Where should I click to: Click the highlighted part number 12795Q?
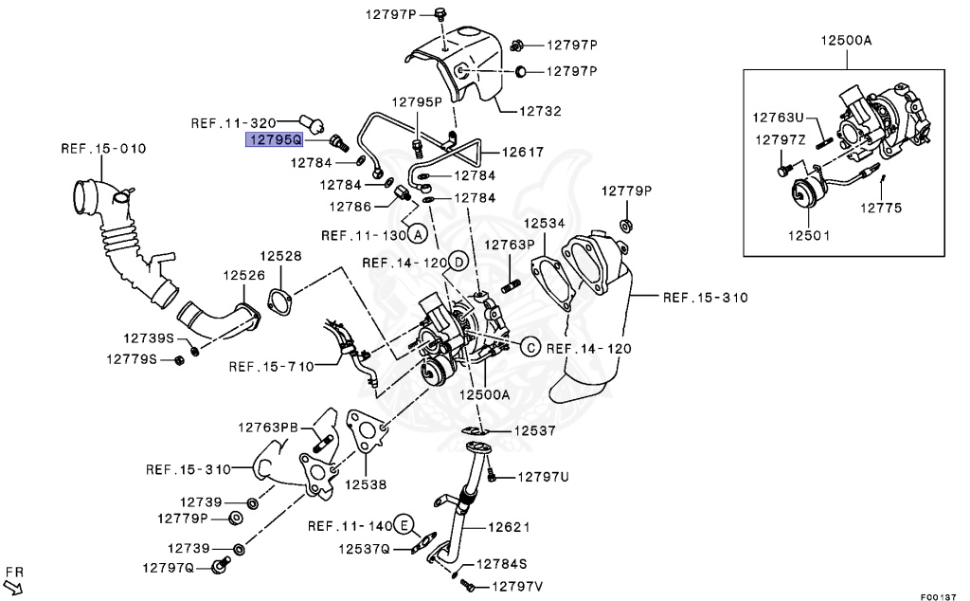tap(274, 140)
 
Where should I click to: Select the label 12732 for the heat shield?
tap(540, 111)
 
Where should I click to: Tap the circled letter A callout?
tap(418, 234)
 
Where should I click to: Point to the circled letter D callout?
tap(457, 262)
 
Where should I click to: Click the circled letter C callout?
tap(530, 348)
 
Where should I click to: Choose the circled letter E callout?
tap(404, 525)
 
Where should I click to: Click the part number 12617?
tap(523, 152)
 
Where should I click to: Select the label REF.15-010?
tap(103, 149)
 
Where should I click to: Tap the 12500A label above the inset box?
tap(846, 41)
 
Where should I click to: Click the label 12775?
tap(881, 208)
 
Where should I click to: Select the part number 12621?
tap(509, 527)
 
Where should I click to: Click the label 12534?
tap(545, 223)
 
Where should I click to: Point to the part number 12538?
tap(366, 483)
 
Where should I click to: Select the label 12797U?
tap(543, 476)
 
